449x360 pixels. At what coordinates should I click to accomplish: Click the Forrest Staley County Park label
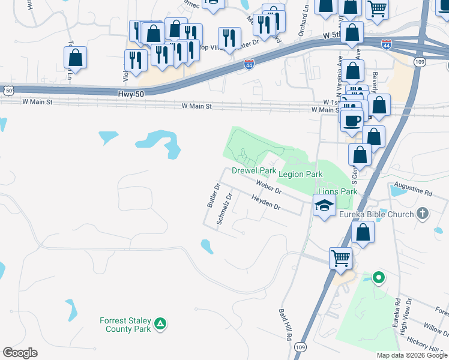tap(127, 325)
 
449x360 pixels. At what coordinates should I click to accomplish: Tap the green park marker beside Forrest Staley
tap(160, 325)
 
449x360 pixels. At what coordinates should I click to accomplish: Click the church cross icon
tap(423, 214)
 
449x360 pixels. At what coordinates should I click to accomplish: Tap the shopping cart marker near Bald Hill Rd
tap(340, 258)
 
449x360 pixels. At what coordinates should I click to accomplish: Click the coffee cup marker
tap(352, 120)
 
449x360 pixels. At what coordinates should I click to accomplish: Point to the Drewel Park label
tap(254, 171)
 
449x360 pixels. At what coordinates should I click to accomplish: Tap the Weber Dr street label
tap(268, 186)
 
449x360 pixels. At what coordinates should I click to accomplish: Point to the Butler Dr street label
tap(214, 196)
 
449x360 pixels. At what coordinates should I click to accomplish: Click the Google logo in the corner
tap(20, 353)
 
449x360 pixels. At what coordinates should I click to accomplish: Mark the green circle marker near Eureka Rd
tap(378, 278)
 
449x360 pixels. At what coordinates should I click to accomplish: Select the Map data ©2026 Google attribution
tap(411, 355)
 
